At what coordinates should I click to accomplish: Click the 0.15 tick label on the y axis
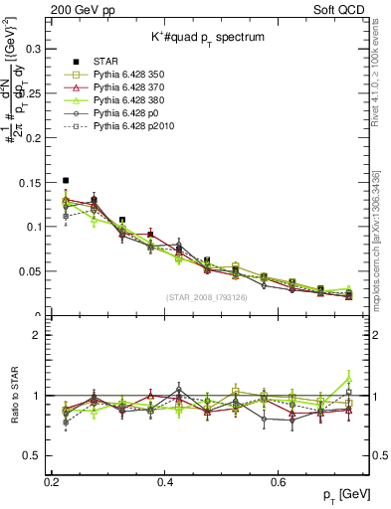coord(32,182)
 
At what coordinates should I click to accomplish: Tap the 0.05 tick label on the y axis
coord(32,271)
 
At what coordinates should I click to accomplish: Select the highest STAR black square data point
coord(66,181)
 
